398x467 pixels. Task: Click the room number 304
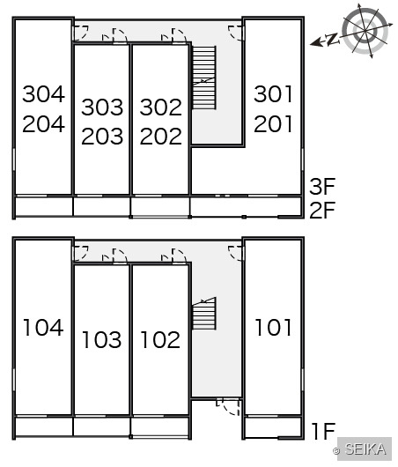[x=43, y=94]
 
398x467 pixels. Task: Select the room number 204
[x=43, y=124]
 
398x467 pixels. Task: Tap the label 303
[x=102, y=107]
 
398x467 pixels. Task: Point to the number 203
[x=102, y=136]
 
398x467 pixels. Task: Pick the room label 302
[x=161, y=107]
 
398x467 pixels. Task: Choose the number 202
[x=161, y=136]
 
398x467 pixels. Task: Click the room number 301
[x=273, y=94]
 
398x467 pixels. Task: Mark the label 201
[x=273, y=124]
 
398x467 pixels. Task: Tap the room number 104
[x=43, y=328]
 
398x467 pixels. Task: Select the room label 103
[x=102, y=340]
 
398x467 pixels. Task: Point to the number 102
[x=160, y=340]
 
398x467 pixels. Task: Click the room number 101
[x=273, y=328]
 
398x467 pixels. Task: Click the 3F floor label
[x=322, y=187]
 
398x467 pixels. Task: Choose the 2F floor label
[x=322, y=210]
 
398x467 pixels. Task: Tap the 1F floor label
[x=323, y=431]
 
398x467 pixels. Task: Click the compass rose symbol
[x=365, y=31]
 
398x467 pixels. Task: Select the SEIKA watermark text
[x=365, y=448]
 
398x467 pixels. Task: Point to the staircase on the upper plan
[x=204, y=78]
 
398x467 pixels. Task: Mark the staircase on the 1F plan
[x=204, y=314]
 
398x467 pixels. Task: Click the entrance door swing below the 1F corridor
[x=228, y=407]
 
